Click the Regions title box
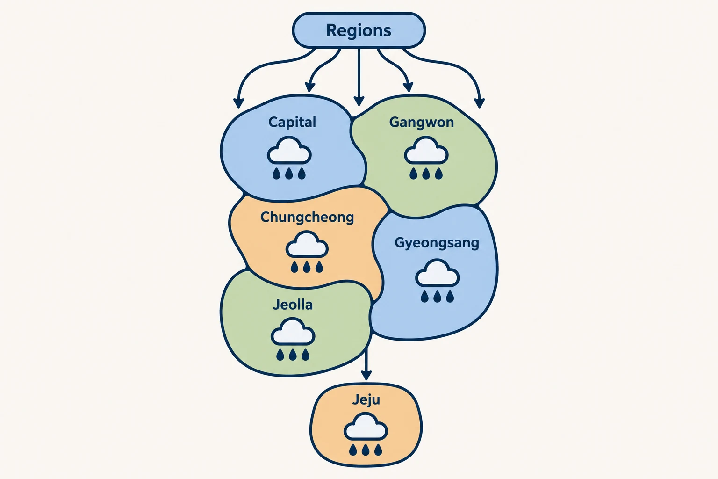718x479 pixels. tap(359, 30)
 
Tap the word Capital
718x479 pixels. tap(292, 123)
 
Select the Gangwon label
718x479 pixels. tap(422, 123)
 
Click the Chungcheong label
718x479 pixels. tap(307, 218)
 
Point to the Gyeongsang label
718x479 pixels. tap(437, 243)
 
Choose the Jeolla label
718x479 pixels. tap(293, 305)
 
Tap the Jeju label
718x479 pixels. tap(366, 400)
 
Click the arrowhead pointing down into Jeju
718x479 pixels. tap(366, 375)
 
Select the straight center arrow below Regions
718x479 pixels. tap(359, 77)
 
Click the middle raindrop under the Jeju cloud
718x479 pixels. tap(366, 450)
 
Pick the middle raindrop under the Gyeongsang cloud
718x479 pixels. tap(437, 297)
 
